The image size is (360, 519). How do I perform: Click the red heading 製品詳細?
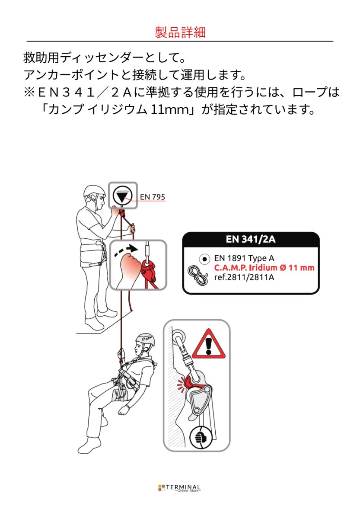click(x=180, y=32)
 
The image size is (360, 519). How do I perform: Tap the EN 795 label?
click(x=153, y=197)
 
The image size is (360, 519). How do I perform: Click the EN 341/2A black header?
click(x=251, y=240)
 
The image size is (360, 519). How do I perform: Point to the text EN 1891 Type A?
click(x=244, y=259)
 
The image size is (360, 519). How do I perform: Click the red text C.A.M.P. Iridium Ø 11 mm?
click(x=264, y=268)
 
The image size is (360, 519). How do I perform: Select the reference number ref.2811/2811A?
click(x=244, y=277)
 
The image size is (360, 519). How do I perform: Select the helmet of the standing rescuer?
click(x=94, y=191)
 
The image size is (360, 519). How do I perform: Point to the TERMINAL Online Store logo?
click(x=179, y=488)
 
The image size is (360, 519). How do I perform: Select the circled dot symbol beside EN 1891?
click(x=204, y=259)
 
